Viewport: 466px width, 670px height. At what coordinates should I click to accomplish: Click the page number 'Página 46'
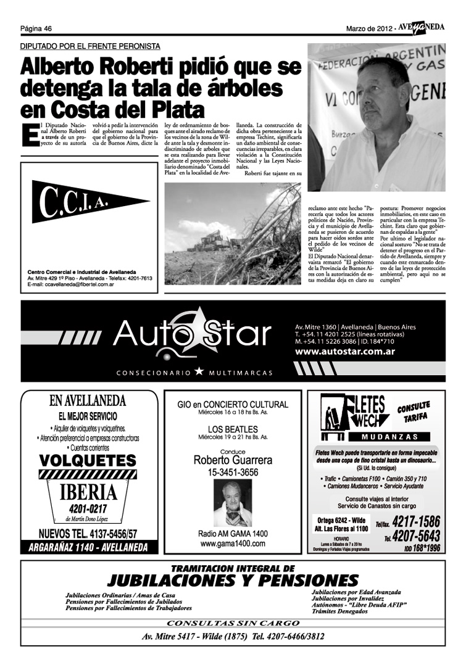pyautogui.click(x=35, y=28)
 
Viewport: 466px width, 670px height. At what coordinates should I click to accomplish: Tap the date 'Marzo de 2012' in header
pyautogui.click(x=368, y=28)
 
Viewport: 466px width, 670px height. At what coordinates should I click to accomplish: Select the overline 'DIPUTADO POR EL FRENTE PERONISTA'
pyautogui.click(x=91, y=46)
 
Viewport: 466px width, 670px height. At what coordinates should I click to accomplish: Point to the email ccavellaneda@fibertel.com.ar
pyautogui.click(x=71, y=284)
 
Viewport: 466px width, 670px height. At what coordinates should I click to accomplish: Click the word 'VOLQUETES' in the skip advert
pyautogui.click(x=87, y=460)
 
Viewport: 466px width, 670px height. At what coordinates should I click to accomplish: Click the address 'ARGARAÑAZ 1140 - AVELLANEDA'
pyautogui.click(x=87, y=547)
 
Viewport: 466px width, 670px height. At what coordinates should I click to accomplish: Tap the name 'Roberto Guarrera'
pyautogui.click(x=233, y=460)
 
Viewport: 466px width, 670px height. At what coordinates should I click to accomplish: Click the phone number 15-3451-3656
pyautogui.click(x=233, y=473)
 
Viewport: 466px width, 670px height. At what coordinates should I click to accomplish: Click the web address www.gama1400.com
pyautogui.click(x=233, y=544)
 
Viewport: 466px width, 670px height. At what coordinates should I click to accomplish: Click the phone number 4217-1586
pyautogui.click(x=415, y=520)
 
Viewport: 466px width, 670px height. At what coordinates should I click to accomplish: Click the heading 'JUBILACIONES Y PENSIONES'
pyautogui.click(x=233, y=581)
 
